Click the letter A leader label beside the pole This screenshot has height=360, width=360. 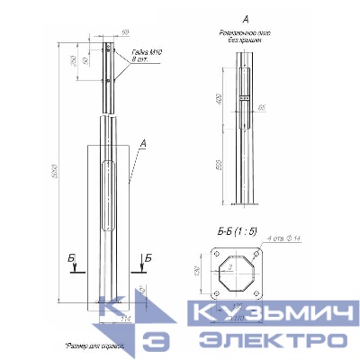point(143,141)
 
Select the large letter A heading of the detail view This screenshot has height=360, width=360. point(246,19)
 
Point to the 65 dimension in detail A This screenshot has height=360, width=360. point(261,108)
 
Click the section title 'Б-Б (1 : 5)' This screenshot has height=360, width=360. point(238,232)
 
